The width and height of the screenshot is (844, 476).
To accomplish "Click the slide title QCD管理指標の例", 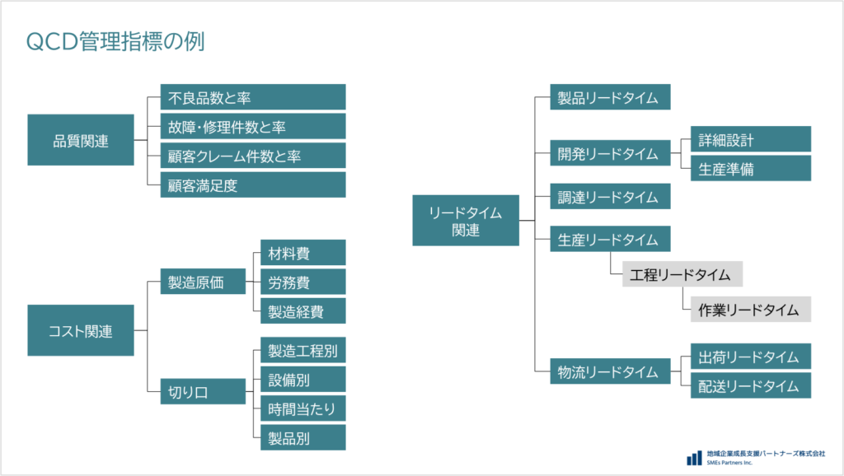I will click(115, 42).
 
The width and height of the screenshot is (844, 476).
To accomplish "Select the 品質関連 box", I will click(81, 140).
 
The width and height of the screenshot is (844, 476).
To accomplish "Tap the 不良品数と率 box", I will click(252, 97).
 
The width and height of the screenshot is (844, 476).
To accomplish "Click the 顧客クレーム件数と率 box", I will click(252, 156).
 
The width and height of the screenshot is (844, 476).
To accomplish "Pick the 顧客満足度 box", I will click(252, 185).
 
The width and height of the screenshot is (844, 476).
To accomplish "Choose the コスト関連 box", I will click(81, 331).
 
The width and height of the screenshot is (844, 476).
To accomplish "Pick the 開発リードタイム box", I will click(610, 154).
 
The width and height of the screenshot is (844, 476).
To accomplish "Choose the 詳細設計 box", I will click(750, 139).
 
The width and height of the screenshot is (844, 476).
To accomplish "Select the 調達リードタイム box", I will click(610, 197).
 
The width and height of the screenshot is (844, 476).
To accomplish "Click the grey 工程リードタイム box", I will click(682, 274).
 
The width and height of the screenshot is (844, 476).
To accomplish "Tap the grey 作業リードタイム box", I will click(750, 310).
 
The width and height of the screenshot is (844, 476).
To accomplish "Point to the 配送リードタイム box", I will click(750, 385).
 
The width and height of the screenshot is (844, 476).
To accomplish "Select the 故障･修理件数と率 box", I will click(252, 127).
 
